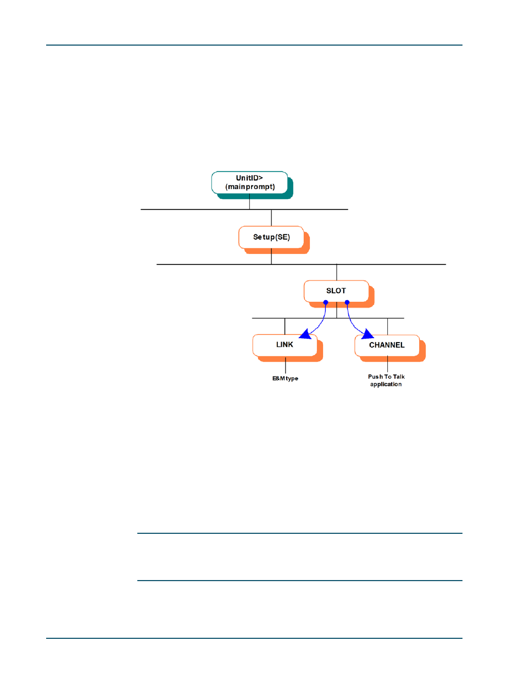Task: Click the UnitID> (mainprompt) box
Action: [249, 183]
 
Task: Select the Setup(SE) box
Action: [271, 237]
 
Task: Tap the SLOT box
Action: [336, 291]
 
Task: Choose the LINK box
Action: [285, 345]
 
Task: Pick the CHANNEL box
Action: [387, 345]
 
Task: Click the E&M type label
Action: [285, 378]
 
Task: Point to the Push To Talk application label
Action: [386, 380]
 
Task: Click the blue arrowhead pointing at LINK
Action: [305, 334]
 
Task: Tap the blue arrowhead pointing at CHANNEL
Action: [367, 334]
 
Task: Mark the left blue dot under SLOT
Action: [326, 302]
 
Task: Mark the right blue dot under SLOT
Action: [347, 302]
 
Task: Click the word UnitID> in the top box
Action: [249, 178]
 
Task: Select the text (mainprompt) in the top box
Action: [250, 187]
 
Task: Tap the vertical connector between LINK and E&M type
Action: [286, 366]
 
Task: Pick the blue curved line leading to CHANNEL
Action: [351, 322]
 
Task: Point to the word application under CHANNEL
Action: [386, 384]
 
